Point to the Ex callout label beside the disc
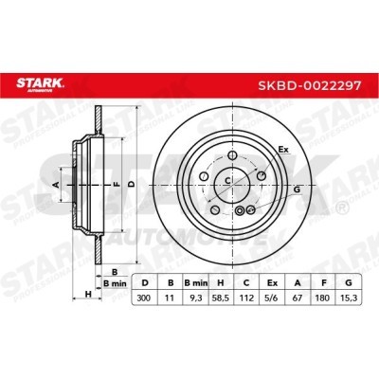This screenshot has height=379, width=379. point(280,150)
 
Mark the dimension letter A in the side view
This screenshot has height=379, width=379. point(56,182)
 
